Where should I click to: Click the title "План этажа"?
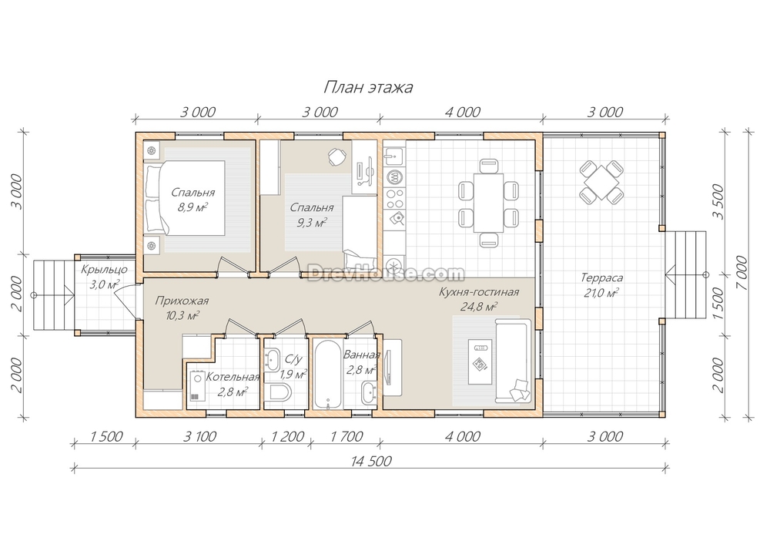click(x=368, y=88)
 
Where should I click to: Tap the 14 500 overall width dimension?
click(x=371, y=461)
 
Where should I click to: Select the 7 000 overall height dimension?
click(x=742, y=274)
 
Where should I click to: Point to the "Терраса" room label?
click(x=601, y=277)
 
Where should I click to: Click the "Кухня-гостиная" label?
click(x=479, y=292)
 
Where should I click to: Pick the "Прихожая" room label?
click(x=182, y=301)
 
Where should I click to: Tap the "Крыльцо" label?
click(x=104, y=269)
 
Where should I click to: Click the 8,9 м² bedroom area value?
click(x=192, y=207)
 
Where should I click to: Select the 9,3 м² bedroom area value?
click(x=312, y=223)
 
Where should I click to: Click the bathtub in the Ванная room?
click(x=327, y=374)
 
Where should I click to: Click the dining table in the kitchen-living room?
click(x=488, y=202)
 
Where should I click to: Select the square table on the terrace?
click(x=601, y=183)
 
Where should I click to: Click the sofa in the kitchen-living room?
click(x=513, y=360)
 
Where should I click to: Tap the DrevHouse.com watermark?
click(x=386, y=273)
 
